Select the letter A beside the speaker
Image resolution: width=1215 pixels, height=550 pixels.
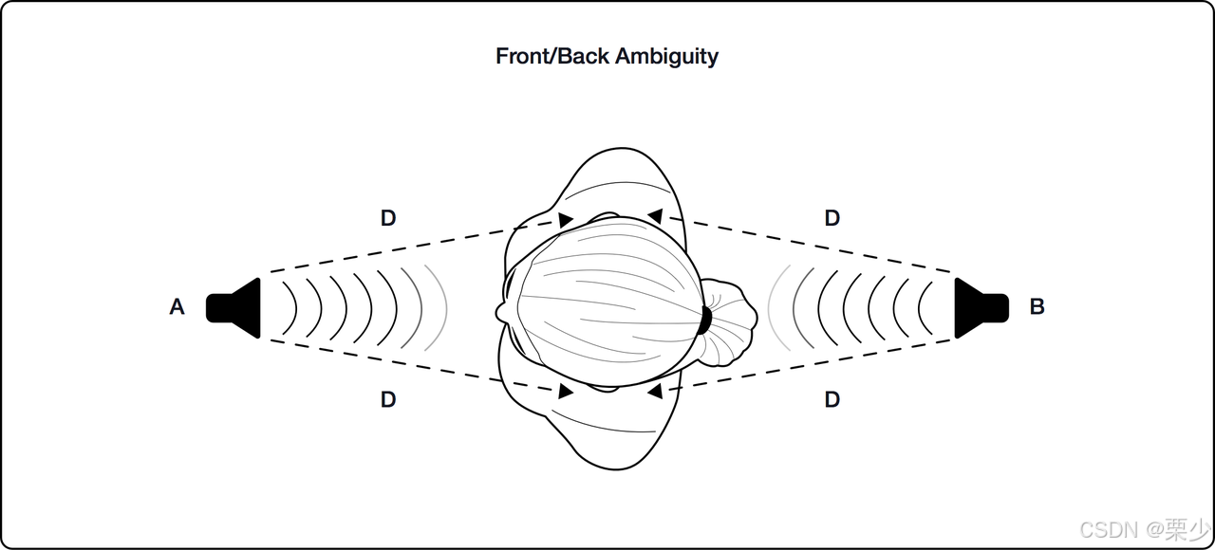[177, 307]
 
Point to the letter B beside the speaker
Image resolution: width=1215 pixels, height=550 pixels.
[1037, 307]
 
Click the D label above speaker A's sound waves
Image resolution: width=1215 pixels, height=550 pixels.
[387, 218]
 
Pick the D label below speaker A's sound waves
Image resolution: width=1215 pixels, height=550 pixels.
[387, 400]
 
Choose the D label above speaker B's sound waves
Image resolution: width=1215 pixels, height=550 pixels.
[832, 218]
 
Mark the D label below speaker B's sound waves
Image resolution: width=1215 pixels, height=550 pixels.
[832, 400]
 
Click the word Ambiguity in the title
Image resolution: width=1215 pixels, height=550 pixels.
[666, 56]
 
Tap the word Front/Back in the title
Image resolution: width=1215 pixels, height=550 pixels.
[552, 56]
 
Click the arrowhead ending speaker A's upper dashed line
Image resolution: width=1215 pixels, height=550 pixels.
[566, 220]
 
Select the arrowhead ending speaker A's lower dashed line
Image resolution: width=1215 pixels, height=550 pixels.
[566, 391]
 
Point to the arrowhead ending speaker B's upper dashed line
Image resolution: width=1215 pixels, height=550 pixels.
[654, 217]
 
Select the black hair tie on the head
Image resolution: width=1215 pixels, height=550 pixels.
[704, 321]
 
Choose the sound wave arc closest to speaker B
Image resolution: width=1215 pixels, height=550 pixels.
[925, 307]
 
